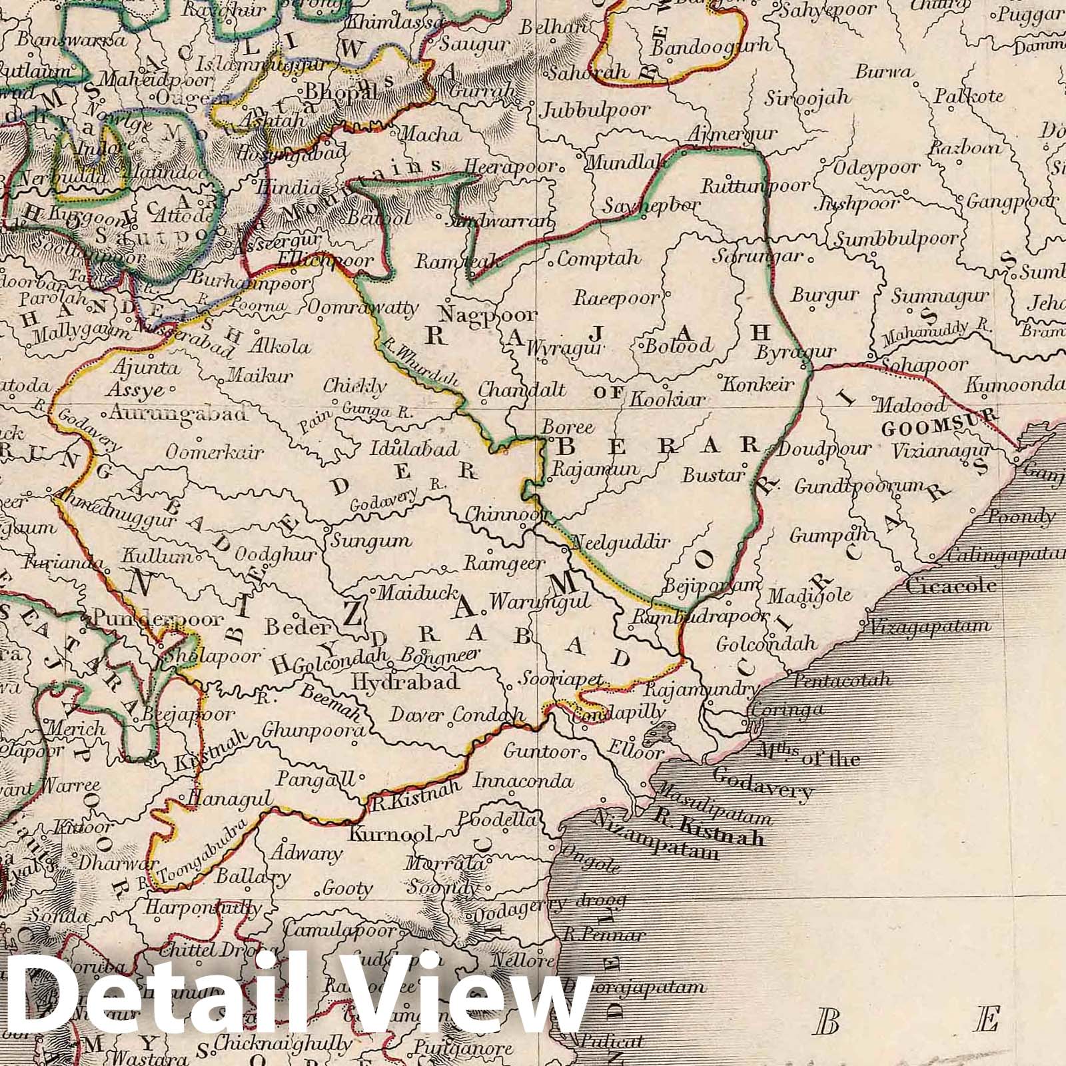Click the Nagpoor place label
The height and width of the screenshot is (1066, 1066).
(x=488, y=314)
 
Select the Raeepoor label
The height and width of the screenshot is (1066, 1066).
(x=616, y=298)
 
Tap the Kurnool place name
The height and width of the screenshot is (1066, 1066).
(x=391, y=833)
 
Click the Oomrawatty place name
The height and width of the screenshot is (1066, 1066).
(x=363, y=308)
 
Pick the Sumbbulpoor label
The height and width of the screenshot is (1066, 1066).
(x=897, y=239)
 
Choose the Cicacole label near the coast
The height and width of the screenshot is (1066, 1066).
(x=951, y=586)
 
